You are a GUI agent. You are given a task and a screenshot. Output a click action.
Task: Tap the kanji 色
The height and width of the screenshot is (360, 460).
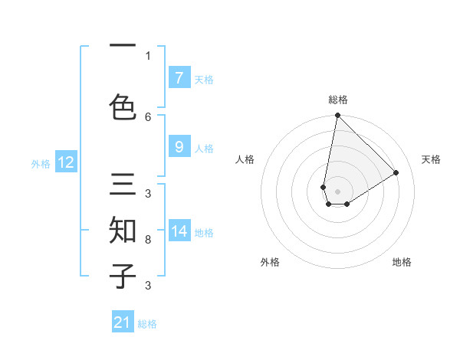coord(123,106)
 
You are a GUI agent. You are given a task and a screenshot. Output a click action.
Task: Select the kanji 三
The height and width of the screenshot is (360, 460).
coord(123,186)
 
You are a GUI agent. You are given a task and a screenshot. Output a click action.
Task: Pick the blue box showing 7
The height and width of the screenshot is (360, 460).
coord(179,78)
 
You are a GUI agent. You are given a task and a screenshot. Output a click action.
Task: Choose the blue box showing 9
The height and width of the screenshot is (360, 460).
coord(179,147)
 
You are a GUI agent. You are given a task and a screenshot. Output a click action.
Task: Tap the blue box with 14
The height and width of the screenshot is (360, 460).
coord(179,231)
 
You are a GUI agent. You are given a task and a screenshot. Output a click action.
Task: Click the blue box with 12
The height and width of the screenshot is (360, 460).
coord(66,162)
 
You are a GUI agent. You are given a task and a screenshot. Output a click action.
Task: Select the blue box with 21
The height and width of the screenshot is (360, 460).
coord(123,322)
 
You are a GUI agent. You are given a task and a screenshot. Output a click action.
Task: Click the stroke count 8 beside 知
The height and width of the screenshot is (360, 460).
coord(148,240)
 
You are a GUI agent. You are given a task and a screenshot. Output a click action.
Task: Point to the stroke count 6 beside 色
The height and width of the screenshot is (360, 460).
coord(148,116)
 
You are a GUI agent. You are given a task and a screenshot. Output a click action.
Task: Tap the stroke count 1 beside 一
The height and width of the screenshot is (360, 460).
coord(148,55)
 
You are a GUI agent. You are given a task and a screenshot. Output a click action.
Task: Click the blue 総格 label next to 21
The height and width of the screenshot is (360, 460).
coord(147,324)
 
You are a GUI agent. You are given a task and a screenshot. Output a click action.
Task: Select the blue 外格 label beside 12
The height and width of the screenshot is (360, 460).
coord(41,163)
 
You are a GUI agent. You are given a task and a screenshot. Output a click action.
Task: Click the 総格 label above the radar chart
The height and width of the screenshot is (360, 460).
coord(338,100)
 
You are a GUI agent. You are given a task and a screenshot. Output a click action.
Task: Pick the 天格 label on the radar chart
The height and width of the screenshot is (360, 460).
coord(431,159)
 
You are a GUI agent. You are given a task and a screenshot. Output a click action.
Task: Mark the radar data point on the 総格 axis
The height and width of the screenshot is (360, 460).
coord(337,116)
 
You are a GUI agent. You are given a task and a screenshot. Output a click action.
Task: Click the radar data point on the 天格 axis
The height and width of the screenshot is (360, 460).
coord(396,172)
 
